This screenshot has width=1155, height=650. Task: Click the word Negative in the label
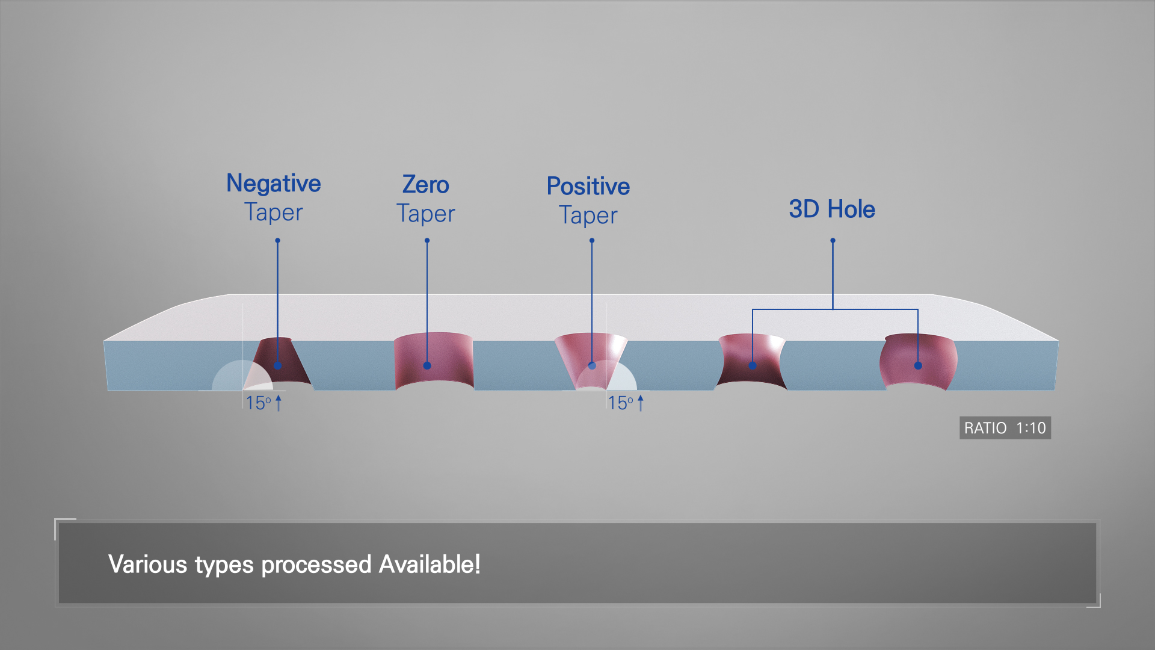coord(274,184)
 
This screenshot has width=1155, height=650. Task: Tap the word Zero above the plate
coord(426,185)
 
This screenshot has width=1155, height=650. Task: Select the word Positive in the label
coord(588,187)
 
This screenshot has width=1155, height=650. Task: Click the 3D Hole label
coord(832,209)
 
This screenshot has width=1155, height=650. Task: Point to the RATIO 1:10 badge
coord(1005,428)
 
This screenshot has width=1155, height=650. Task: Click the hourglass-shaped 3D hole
coord(751,361)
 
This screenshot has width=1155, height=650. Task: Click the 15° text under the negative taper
coord(259,403)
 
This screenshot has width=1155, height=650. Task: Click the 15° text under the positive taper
coord(621,403)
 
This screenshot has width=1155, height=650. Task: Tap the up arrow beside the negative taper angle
coord(279,403)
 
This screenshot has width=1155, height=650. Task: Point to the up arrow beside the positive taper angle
coord(641,403)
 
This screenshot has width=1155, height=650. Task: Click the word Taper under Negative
coord(274,213)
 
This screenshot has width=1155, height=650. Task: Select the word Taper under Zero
coord(426,214)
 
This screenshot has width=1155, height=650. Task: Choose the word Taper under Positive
coord(588,216)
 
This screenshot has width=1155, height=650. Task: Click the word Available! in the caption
coord(430,565)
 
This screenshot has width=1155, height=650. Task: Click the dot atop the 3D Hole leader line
coord(833,241)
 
